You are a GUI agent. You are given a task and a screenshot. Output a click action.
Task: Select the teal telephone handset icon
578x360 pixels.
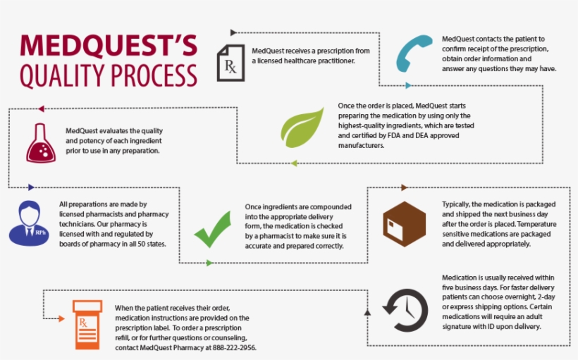[412, 54]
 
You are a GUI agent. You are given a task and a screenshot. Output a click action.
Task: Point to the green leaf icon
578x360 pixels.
[302, 127]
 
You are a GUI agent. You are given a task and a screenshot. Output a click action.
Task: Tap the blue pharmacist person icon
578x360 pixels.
[29, 222]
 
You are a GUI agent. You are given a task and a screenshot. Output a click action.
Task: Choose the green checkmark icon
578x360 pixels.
[214, 228]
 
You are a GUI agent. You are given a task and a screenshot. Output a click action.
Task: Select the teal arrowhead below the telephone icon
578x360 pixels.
[408, 85]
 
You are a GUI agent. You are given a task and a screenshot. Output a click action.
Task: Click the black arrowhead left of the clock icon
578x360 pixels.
[367, 311]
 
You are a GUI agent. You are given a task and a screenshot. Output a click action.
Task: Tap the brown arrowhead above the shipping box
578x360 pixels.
[404, 187]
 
